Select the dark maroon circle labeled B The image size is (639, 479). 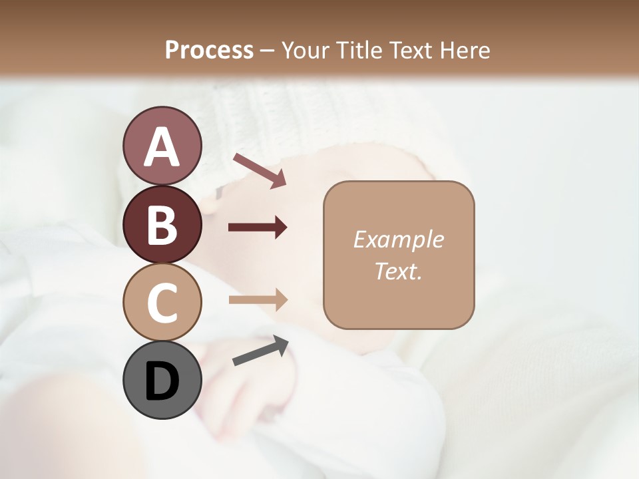(162, 224)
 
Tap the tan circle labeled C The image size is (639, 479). (162, 303)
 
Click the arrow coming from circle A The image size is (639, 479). (259, 170)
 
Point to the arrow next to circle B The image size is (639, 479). (258, 228)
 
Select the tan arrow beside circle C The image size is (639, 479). (258, 299)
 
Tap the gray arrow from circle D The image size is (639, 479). (260, 351)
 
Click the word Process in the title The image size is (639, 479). (209, 50)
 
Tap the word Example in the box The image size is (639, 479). (399, 239)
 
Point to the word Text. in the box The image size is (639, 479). (399, 271)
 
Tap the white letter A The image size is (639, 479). (162, 147)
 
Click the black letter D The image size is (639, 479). (162, 381)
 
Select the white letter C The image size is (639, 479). (162, 303)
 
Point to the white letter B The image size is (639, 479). (162, 224)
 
